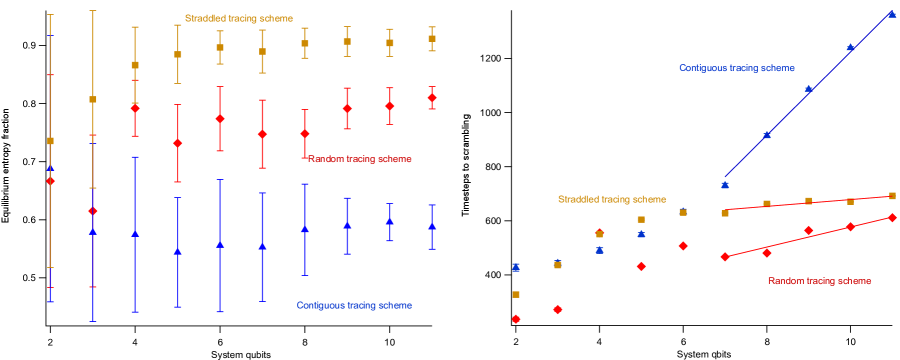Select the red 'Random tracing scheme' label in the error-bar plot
tap(360, 159)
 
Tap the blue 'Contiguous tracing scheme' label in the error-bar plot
tap(354, 305)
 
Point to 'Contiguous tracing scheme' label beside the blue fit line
tap(737, 68)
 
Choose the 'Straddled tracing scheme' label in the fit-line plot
tap(612, 199)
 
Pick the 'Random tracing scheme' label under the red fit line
tap(819, 281)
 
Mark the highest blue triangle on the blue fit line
tap(892, 14)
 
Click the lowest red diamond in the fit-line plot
tap(516, 319)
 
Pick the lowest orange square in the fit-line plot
tap(516, 294)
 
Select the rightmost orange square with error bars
tap(432, 39)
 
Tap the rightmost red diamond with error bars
tap(432, 98)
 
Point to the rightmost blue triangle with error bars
tap(432, 226)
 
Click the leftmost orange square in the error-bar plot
tap(51, 141)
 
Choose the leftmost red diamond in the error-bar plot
tap(51, 181)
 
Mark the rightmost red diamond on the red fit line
tap(892, 217)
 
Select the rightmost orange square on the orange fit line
tap(892, 196)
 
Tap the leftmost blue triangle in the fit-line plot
tap(516, 267)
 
